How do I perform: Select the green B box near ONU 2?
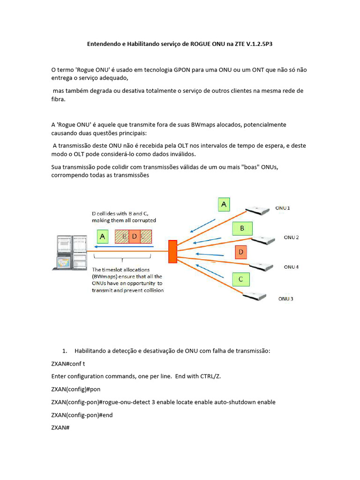pyautogui.click(x=242, y=228)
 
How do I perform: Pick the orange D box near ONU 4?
pyautogui.click(x=241, y=252)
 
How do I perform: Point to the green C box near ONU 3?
pyautogui.click(x=240, y=279)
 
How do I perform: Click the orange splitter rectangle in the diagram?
pyautogui.click(x=173, y=251)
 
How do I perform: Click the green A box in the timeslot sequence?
pyautogui.click(x=103, y=236)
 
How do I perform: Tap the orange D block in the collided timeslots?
pyautogui.click(x=134, y=236)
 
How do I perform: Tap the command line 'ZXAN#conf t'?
pyautogui.click(x=68, y=364)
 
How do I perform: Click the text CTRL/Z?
pyautogui.click(x=210, y=376)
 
